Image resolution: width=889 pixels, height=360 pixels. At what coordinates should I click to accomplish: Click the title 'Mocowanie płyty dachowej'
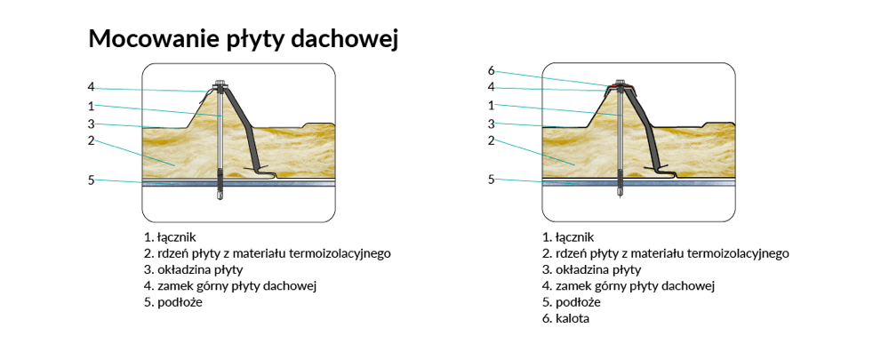click(x=242, y=39)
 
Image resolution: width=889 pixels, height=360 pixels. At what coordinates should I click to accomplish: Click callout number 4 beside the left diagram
click(x=91, y=87)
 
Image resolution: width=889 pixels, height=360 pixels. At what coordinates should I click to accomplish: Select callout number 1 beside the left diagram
click(x=91, y=106)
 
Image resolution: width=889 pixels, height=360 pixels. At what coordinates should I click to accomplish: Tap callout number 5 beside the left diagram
click(x=91, y=180)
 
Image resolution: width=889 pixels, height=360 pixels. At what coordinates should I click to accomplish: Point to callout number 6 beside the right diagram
click(x=491, y=70)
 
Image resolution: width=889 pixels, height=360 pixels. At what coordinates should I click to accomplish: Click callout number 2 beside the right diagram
click(x=491, y=140)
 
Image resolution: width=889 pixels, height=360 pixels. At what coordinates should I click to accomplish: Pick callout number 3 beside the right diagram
click(x=491, y=124)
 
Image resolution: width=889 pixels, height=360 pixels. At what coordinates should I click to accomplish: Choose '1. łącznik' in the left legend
click(x=169, y=237)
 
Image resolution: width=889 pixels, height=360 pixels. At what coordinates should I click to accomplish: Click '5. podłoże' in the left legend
click(x=172, y=301)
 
